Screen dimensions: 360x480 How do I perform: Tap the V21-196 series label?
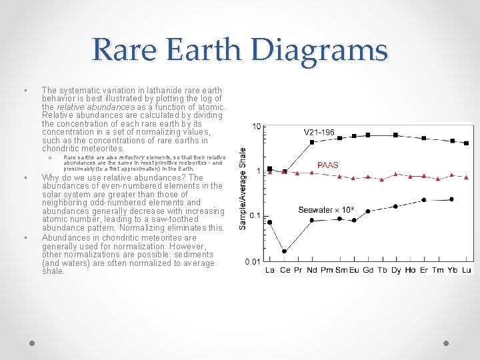pos(319,132)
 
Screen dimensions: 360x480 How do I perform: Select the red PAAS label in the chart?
pos(327,165)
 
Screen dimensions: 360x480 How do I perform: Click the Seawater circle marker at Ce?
pos(285,251)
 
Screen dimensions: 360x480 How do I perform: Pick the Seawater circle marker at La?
pos(270,222)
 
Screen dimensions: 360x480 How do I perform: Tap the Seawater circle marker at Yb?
pos(452,199)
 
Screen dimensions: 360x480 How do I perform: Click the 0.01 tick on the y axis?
pos(253,262)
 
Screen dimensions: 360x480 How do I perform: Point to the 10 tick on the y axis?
pos(256,127)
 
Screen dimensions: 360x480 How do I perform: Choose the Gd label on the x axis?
pos(368,270)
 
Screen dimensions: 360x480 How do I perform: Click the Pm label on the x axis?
pos(326,270)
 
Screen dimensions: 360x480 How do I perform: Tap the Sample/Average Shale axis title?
pos(243,189)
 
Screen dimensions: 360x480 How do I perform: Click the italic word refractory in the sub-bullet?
pos(131,157)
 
